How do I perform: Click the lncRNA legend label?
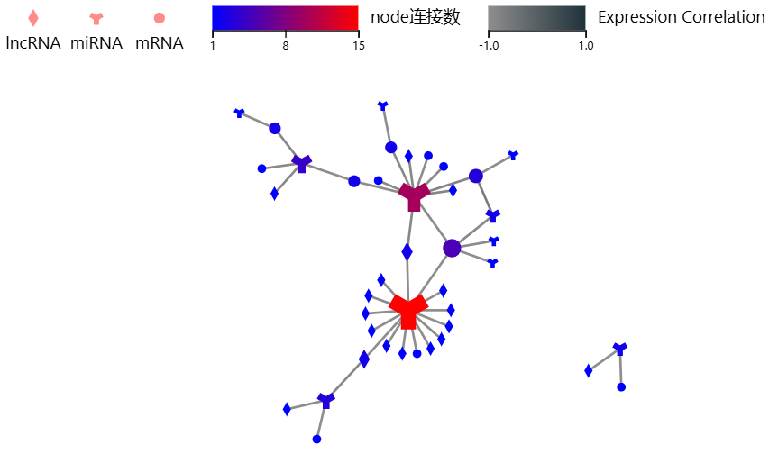33,43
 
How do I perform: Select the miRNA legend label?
96,43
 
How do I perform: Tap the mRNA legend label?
159,43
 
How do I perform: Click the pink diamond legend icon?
33,18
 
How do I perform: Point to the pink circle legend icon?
160,18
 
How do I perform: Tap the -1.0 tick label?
489,46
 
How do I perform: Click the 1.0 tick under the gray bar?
585,46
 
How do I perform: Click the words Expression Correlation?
681,17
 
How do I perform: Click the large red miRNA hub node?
408,309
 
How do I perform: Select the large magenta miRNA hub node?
414,195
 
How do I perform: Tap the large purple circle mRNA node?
452,248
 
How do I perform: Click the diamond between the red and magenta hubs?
407,251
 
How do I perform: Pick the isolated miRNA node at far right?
619,349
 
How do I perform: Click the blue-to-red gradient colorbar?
285,18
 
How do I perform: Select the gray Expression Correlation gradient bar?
536,18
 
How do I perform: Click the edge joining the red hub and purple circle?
430,278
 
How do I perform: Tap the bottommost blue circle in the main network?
316,440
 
